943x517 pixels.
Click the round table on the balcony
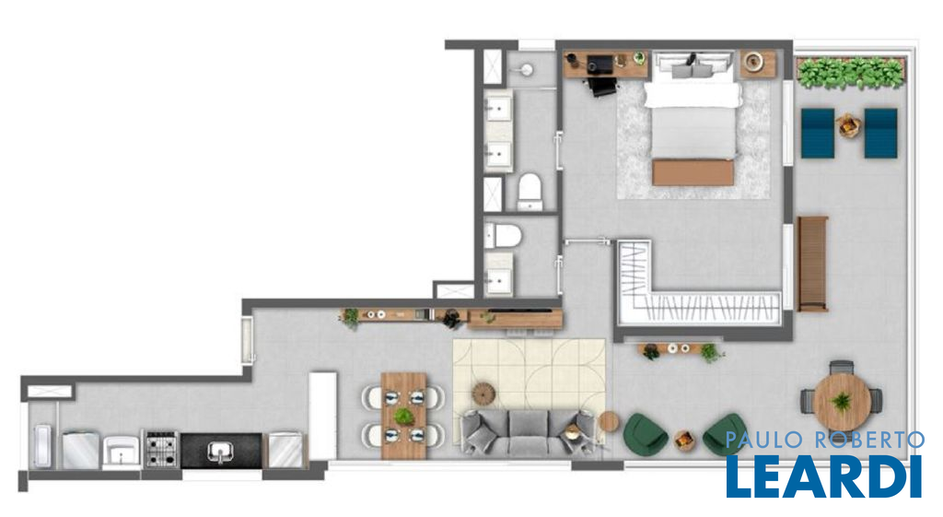pyautogui.click(x=842, y=400)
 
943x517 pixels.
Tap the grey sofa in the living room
pyautogui.click(x=528, y=431)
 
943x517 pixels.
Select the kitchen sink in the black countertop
pyautogui.click(x=221, y=451)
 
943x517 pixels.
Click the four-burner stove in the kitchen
pyautogui.click(x=161, y=450)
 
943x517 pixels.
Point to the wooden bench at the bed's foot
pyautogui.click(x=693, y=172)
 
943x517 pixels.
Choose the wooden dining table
pyautogui.click(x=403, y=416)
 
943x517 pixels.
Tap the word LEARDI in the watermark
pyautogui.click(x=824, y=476)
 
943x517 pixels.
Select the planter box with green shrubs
pyautogui.click(x=851, y=73)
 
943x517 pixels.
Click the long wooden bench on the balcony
pyautogui.click(x=812, y=264)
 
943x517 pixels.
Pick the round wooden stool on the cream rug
pyautogui.click(x=483, y=393)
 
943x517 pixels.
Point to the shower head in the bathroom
pyautogui.click(x=527, y=70)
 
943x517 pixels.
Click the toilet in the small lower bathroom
pyautogui.click(x=503, y=235)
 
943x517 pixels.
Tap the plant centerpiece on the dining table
pyautogui.click(x=403, y=416)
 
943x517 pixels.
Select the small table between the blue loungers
pyautogui.click(x=848, y=125)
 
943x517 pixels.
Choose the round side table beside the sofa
pyautogui.click(x=609, y=421)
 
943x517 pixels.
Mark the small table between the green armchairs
pyautogui.click(x=685, y=440)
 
